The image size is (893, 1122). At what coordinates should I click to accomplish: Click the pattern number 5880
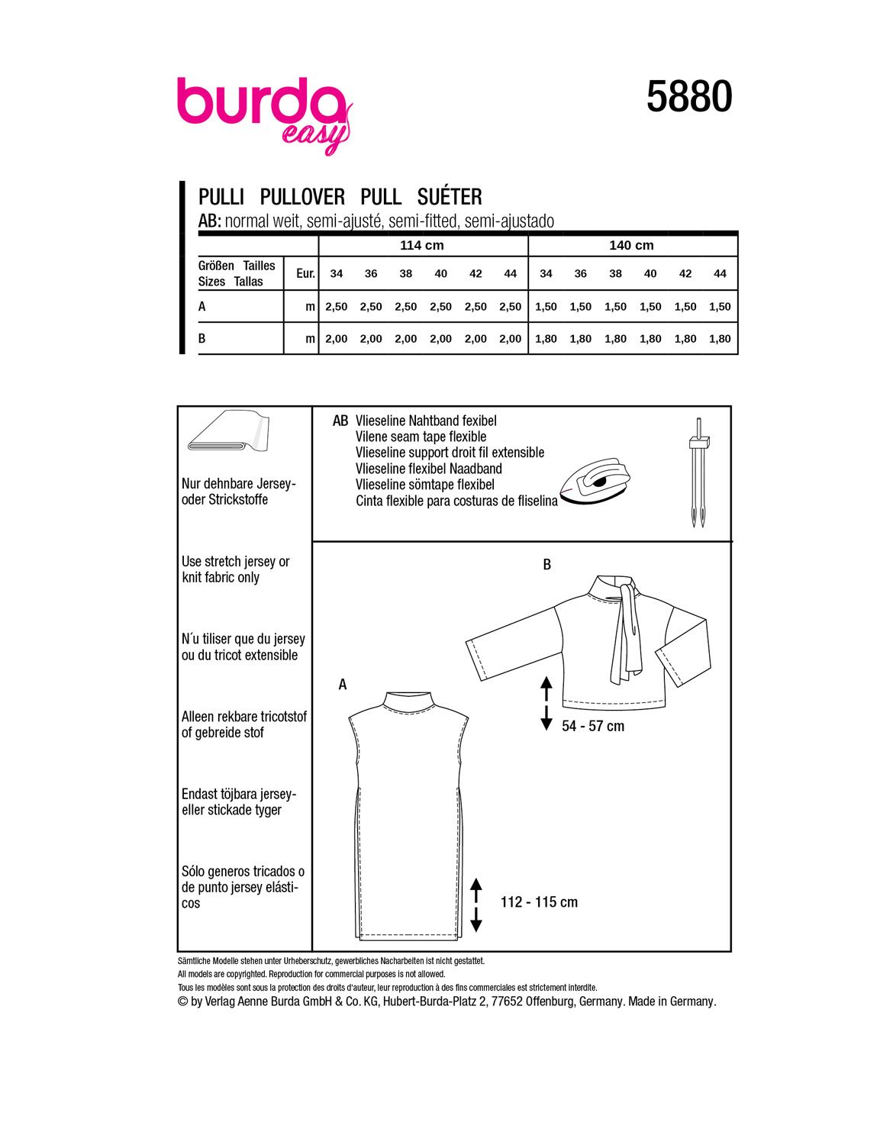point(689,98)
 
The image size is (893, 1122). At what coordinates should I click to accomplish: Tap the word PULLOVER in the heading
point(302,197)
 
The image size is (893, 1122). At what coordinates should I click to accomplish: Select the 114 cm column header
point(422,246)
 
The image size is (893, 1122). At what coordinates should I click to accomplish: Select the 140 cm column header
point(631,246)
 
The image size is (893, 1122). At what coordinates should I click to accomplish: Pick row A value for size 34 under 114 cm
point(336,307)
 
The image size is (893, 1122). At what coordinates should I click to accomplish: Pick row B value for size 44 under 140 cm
point(720,339)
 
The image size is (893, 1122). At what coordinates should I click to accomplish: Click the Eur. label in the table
point(305,273)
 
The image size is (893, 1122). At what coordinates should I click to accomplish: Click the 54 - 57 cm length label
point(593,727)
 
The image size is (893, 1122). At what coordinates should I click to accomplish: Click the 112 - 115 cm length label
point(539,902)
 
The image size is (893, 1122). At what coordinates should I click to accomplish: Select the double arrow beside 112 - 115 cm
point(476,904)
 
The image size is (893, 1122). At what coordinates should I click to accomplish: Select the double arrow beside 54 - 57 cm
point(546,703)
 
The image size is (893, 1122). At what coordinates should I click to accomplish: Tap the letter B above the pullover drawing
point(546,566)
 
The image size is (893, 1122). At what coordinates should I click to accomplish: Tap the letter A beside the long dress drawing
point(343,685)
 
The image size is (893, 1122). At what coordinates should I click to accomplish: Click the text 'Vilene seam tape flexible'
point(421,437)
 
